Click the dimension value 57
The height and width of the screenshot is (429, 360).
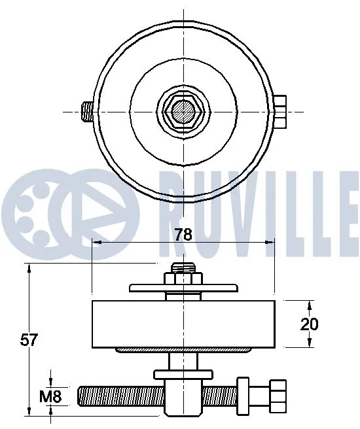pyautogui.click(x=29, y=339)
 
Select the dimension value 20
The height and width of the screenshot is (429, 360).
pyautogui.click(x=310, y=323)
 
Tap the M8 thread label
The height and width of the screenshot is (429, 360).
pyautogui.click(x=50, y=396)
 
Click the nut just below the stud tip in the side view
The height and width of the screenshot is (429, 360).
pyautogui.click(x=183, y=279)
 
